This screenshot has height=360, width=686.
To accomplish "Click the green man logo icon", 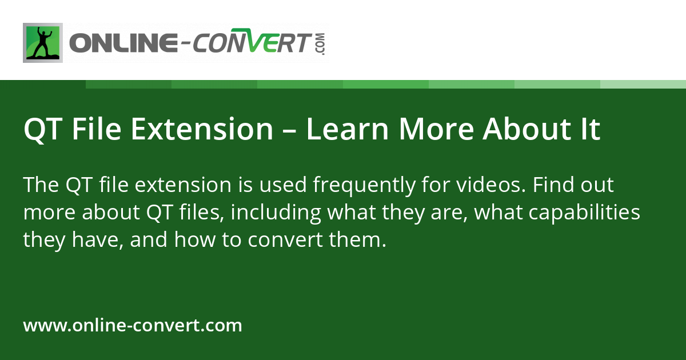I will tap(43, 43).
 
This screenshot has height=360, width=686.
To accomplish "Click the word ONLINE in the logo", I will tap(123, 43).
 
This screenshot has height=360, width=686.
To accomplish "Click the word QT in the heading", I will tap(42, 130).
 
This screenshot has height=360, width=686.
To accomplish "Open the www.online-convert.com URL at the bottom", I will tap(133, 326).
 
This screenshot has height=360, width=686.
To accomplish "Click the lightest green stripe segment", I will tap(643, 85).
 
